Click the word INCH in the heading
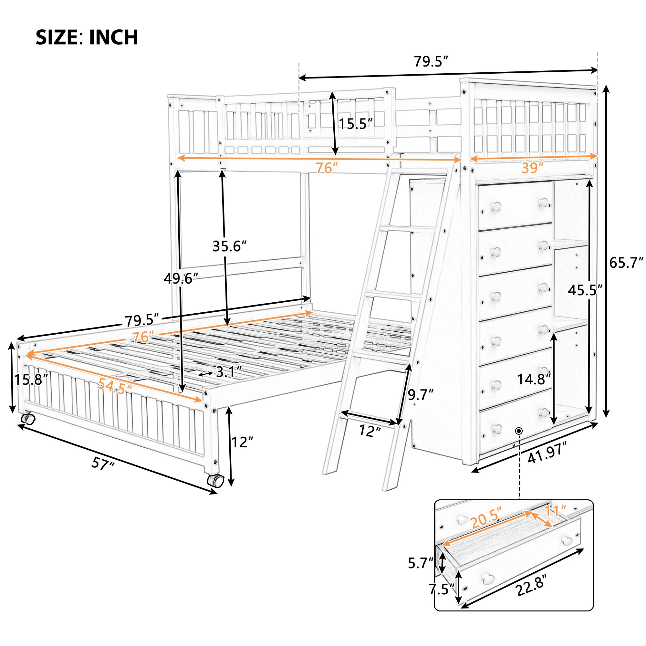[x=113, y=37]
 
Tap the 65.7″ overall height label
[x=626, y=263]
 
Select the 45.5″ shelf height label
[x=585, y=290]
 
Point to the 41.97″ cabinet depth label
[x=547, y=452]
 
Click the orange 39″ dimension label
[x=532, y=168]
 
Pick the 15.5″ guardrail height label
[x=355, y=124]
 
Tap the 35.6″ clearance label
[x=229, y=246]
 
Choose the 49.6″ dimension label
[x=181, y=278]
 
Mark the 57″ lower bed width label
[x=103, y=464]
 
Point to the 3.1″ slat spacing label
[x=229, y=372]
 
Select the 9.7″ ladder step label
[x=420, y=395]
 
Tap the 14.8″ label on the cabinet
[x=534, y=379]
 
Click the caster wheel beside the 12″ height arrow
[x=215, y=481]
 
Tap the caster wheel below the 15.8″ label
[x=28, y=419]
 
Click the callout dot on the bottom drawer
[x=519, y=431]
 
